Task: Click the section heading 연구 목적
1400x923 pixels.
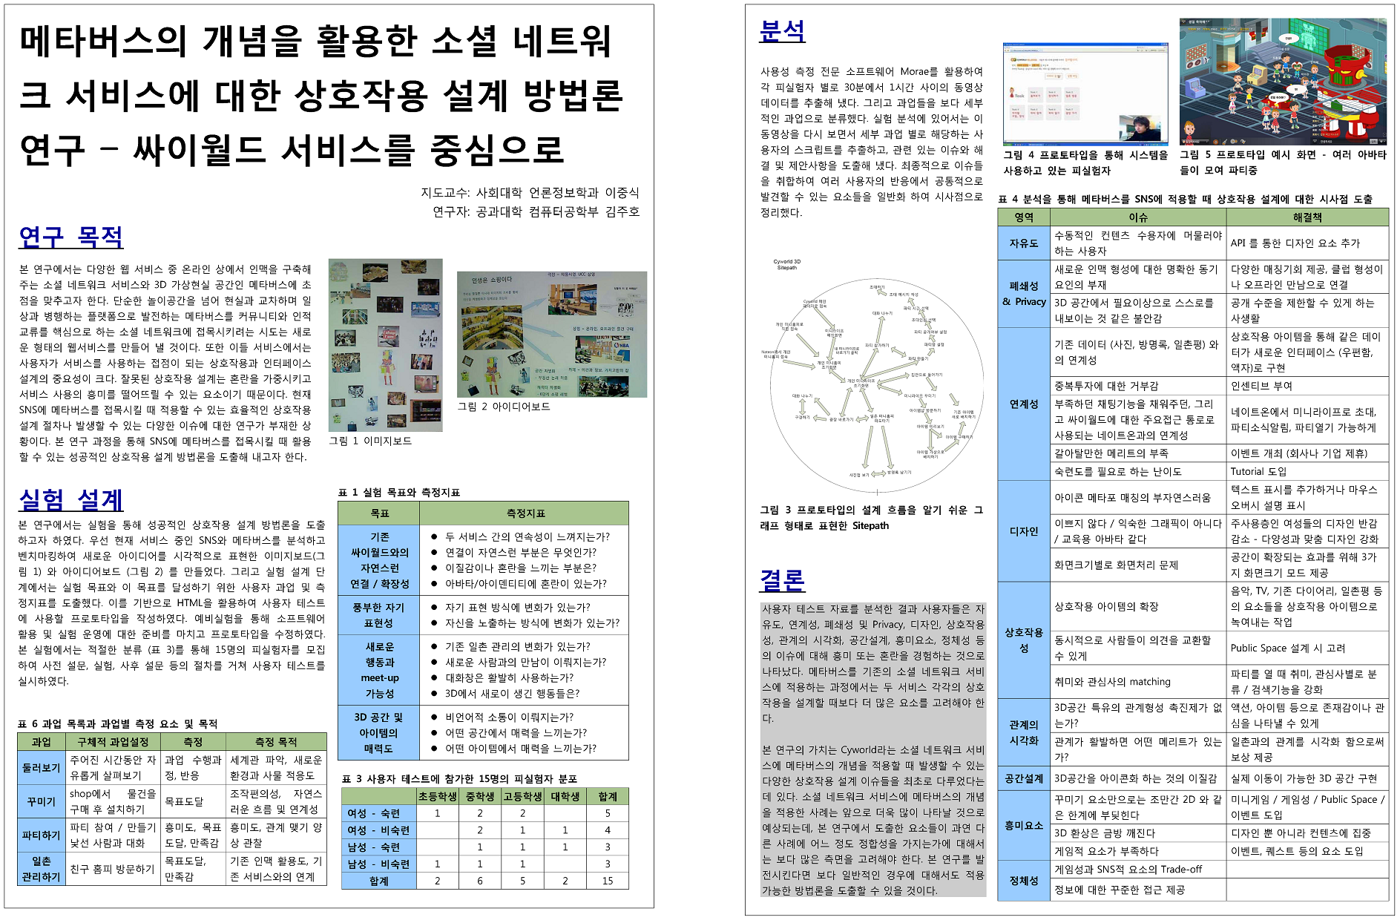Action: coord(70,237)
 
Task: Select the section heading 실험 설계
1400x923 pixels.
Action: coord(70,500)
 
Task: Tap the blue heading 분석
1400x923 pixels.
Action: coord(782,31)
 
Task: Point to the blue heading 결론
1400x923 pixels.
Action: coord(782,579)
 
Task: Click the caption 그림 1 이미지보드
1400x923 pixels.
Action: coord(370,441)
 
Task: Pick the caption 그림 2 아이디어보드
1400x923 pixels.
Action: coord(504,407)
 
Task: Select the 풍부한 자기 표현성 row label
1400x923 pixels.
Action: coord(378,615)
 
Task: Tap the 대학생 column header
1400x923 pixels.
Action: coord(565,796)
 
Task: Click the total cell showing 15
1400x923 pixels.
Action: coord(608,881)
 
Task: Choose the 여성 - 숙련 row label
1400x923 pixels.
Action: coord(374,813)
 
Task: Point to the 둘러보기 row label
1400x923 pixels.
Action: coord(41,768)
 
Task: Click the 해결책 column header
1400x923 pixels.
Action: coord(1307,217)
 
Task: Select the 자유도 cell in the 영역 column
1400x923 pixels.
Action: coord(1024,243)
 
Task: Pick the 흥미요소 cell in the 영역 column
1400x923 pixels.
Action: coord(1024,825)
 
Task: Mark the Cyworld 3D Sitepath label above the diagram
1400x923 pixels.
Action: coord(786,264)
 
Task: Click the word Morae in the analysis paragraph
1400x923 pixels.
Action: coord(914,71)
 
